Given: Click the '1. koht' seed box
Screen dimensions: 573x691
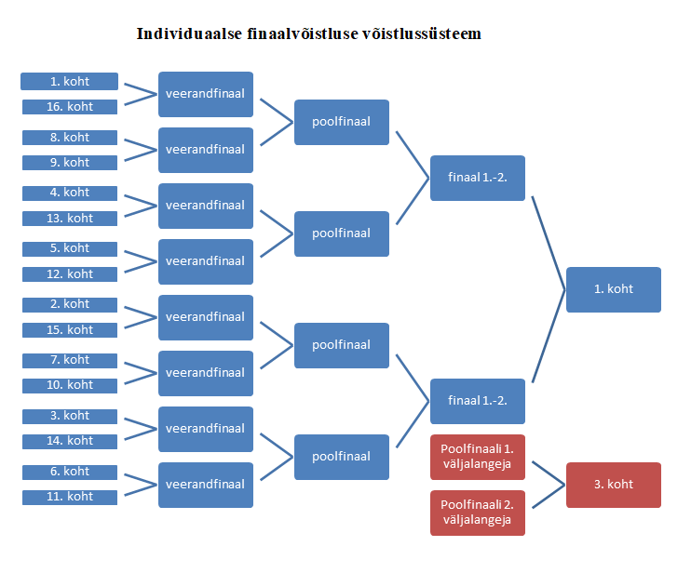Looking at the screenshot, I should point(70,81).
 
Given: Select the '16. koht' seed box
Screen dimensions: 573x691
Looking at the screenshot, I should point(70,107).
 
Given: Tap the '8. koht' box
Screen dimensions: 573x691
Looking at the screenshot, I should point(70,137).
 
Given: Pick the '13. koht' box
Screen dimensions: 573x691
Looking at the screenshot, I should point(70,219).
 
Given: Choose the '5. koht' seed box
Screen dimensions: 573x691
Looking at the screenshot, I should point(70,248).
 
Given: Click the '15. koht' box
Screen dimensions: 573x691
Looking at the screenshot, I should point(70,330).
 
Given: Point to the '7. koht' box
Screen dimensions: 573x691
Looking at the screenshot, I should point(70,360).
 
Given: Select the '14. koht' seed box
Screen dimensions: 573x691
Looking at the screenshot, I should point(70,441).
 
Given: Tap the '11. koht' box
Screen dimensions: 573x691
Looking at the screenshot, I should point(70,497).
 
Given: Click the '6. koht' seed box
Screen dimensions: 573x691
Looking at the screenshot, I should point(70,472).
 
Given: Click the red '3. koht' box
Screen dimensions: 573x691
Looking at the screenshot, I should point(613,485).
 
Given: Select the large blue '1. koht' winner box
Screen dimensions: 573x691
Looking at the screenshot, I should point(613,289).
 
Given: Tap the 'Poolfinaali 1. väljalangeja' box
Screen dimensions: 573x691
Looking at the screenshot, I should point(477,456).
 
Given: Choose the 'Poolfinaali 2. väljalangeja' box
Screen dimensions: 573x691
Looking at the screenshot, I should point(477,513).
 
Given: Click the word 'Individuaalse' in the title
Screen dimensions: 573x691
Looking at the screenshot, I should point(190,34).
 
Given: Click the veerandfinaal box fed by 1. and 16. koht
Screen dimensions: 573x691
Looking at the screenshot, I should point(205,94).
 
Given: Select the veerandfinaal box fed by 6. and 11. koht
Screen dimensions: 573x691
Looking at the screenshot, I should point(205,485).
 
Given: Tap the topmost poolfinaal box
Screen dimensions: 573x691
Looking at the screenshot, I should point(341,122).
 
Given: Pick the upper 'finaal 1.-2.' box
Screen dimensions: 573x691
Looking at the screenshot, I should point(477,178).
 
